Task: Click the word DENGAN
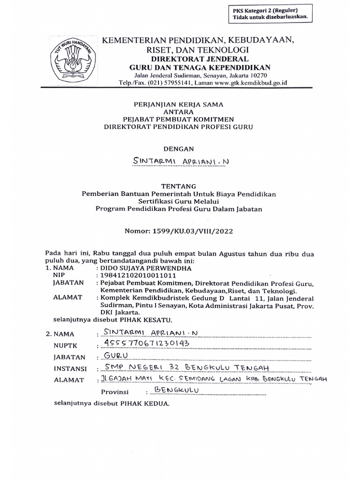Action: click(x=181, y=149)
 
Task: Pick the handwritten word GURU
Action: click(x=111, y=356)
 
